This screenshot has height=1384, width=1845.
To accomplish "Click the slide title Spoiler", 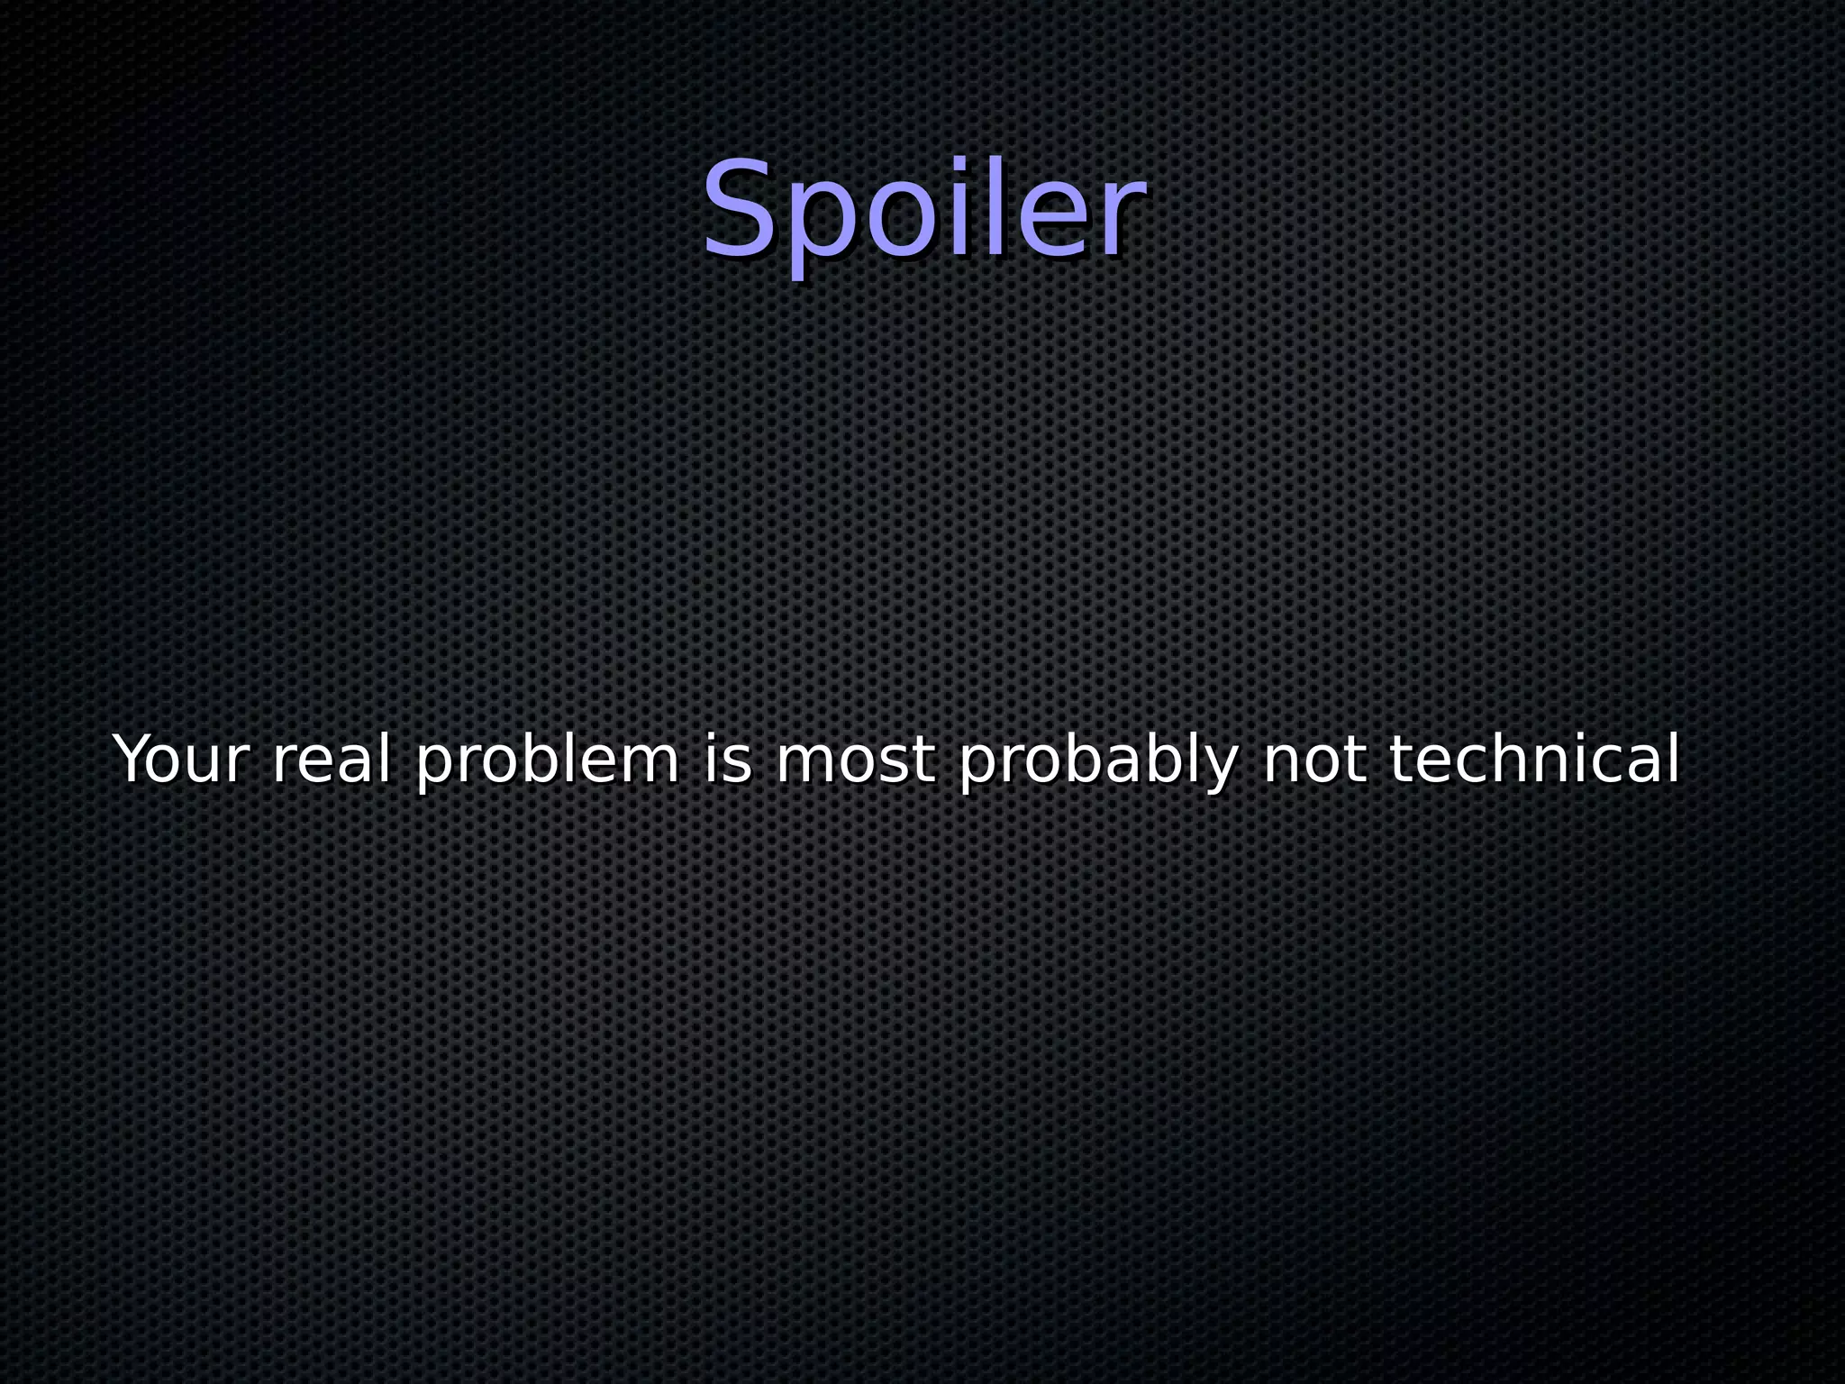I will (923, 211).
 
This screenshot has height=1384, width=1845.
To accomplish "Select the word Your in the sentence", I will (179, 760).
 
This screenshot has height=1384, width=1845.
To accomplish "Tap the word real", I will (331, 760).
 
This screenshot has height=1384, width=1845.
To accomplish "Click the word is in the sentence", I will (727, 760).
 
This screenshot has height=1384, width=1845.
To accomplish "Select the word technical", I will (1534, 760).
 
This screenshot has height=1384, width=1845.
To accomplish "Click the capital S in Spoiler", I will (741, 209).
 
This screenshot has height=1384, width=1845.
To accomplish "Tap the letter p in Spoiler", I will (814, 225).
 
